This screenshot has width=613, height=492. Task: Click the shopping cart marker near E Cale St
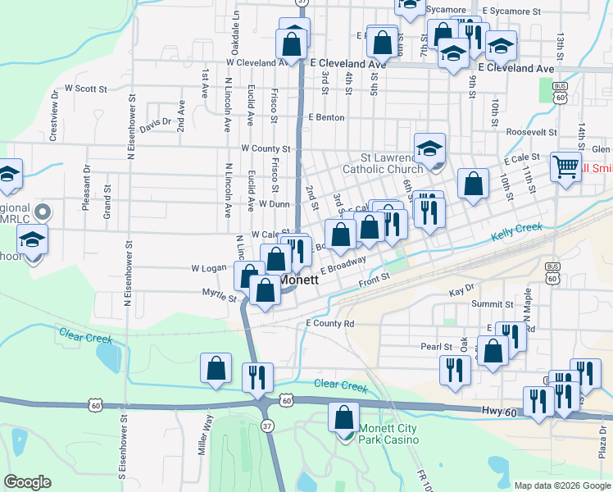pyautogui.click(x=565, y=167)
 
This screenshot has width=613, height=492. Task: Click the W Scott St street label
pyautogui.click(x=86, y=88)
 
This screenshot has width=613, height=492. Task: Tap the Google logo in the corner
pyautogui.click(x=27, y=482)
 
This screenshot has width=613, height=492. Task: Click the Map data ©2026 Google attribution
pyautogui.click(x=562, y=485)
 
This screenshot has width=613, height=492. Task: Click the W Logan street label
pyautogui.click(x=208, y=268)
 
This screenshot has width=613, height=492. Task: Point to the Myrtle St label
pyautogui.click(x=218, y=292)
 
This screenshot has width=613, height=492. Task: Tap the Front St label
pyautogui.click(x=375, y=284)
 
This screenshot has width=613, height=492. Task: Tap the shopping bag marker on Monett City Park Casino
pyautogui.click(x=343, y=417)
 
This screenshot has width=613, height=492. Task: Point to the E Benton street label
pyautogui.click(x=326, y=117)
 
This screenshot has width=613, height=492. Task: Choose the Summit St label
pyautogui.click(x=492, y=304)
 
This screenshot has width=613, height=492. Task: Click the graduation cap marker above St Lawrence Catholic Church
pyautogui.click(x=429, y=148)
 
